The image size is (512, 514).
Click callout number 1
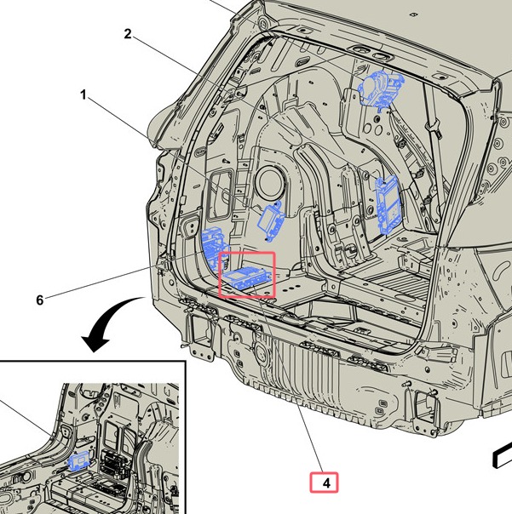click(x=83, y=95)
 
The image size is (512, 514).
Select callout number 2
click(x=128, y=34)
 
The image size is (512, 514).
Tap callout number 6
click(x=40, y=300)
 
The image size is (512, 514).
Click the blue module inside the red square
click(x=247, y=278)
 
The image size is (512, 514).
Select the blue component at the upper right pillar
click(x=381, y=88)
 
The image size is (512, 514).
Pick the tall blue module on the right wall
click(x=388, y=204)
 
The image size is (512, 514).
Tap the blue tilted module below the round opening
click(x=272, y=220)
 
